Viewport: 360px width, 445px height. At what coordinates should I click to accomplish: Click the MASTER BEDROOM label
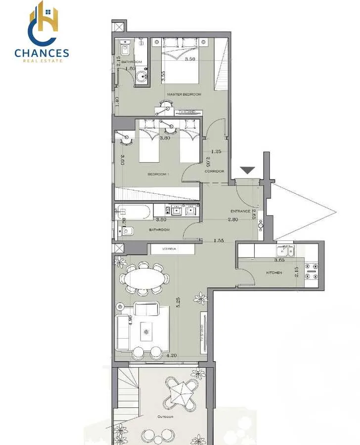coord(184,94)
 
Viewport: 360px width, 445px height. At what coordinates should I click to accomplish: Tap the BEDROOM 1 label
coord(159,175)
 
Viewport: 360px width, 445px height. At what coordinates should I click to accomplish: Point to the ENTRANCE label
coord(241,211)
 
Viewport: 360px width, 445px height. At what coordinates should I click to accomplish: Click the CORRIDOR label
coord(214,172)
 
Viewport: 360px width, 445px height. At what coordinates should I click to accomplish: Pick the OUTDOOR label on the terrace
coord(165,417)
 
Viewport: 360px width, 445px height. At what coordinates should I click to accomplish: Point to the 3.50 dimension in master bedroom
coord(190,59)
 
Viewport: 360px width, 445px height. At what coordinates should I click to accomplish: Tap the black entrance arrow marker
coord(247,171)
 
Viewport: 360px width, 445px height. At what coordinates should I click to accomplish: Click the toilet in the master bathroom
coord(125,50)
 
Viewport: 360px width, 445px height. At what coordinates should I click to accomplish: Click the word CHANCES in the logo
coord(42,53)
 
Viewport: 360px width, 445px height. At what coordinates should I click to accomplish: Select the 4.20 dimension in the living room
coord(172,355)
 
